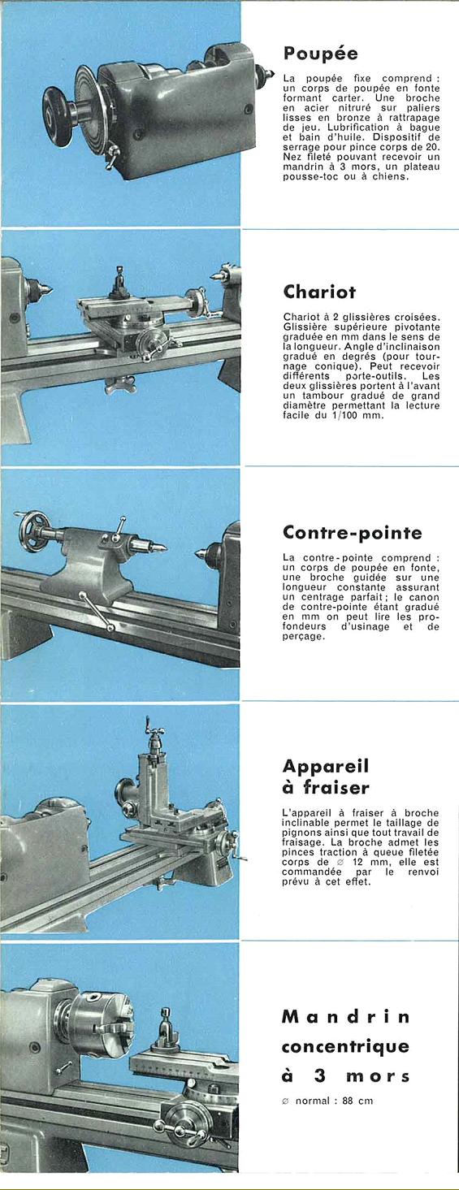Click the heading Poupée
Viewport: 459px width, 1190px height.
tap(320, 54)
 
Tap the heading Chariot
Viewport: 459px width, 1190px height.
tap(319, 292)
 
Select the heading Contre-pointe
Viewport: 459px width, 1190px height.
tap(353, 532)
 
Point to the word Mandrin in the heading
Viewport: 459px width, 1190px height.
tap(345, 1017)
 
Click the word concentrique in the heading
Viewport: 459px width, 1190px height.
tap(345, 1046)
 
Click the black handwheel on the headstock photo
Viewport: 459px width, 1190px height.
tap(58, 115)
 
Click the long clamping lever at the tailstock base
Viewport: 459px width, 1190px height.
tap(97, 612)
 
